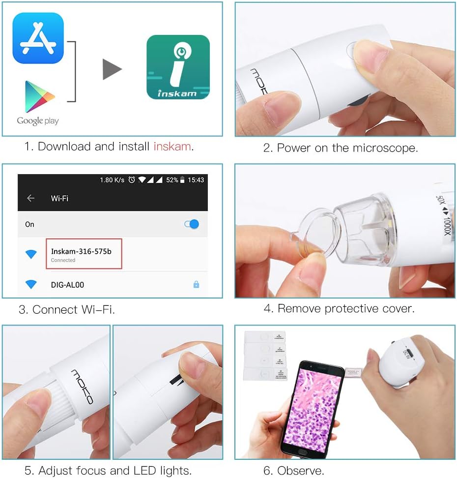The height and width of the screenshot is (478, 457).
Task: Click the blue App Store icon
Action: coord(38,38)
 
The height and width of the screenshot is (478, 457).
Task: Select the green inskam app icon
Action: coord(178,67)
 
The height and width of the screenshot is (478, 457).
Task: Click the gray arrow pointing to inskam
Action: coord(112,69)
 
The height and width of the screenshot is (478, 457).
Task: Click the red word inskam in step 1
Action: coord(172,147)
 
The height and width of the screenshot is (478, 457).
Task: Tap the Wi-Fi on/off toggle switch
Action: coord(192,224)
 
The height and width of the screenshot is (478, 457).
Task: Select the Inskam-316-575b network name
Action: coord(81,251)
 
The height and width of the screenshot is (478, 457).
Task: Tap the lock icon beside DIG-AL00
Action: coord(196,284)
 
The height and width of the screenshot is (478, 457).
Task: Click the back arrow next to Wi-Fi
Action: coord(31,198)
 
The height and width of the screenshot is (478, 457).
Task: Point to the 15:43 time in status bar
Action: coord(196,180)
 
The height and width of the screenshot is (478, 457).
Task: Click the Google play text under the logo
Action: coord(38,120)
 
